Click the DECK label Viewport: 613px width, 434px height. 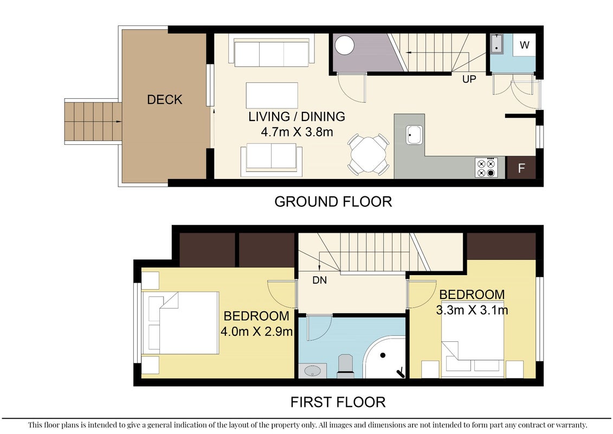tap(165, 99)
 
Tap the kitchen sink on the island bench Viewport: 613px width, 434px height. tap(414, 135)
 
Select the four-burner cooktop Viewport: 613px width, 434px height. tap(486, 168)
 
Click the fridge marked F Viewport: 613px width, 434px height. tap(521, 168)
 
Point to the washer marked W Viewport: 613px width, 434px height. tap(524, 45)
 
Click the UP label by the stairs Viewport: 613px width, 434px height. tap(469, 79)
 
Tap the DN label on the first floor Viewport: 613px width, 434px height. tap(319, 280)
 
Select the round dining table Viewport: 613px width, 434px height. tap(368, 154)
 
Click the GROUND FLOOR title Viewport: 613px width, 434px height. tap(333, 202)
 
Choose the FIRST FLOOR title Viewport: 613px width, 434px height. tap(338, 402)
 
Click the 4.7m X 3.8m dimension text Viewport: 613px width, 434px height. tap(297, 132)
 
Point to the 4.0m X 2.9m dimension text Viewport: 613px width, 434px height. tap(256, 331)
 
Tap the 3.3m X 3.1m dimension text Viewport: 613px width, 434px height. tap(472, 310)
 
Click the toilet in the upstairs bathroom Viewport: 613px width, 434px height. tap(346, 366)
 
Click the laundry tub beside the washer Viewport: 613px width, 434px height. tap(496, 43)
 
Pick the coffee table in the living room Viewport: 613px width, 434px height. tap(272, 95)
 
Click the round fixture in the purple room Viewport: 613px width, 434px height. tap(344, 46)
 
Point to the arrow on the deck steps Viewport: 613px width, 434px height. tap(117, 122)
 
